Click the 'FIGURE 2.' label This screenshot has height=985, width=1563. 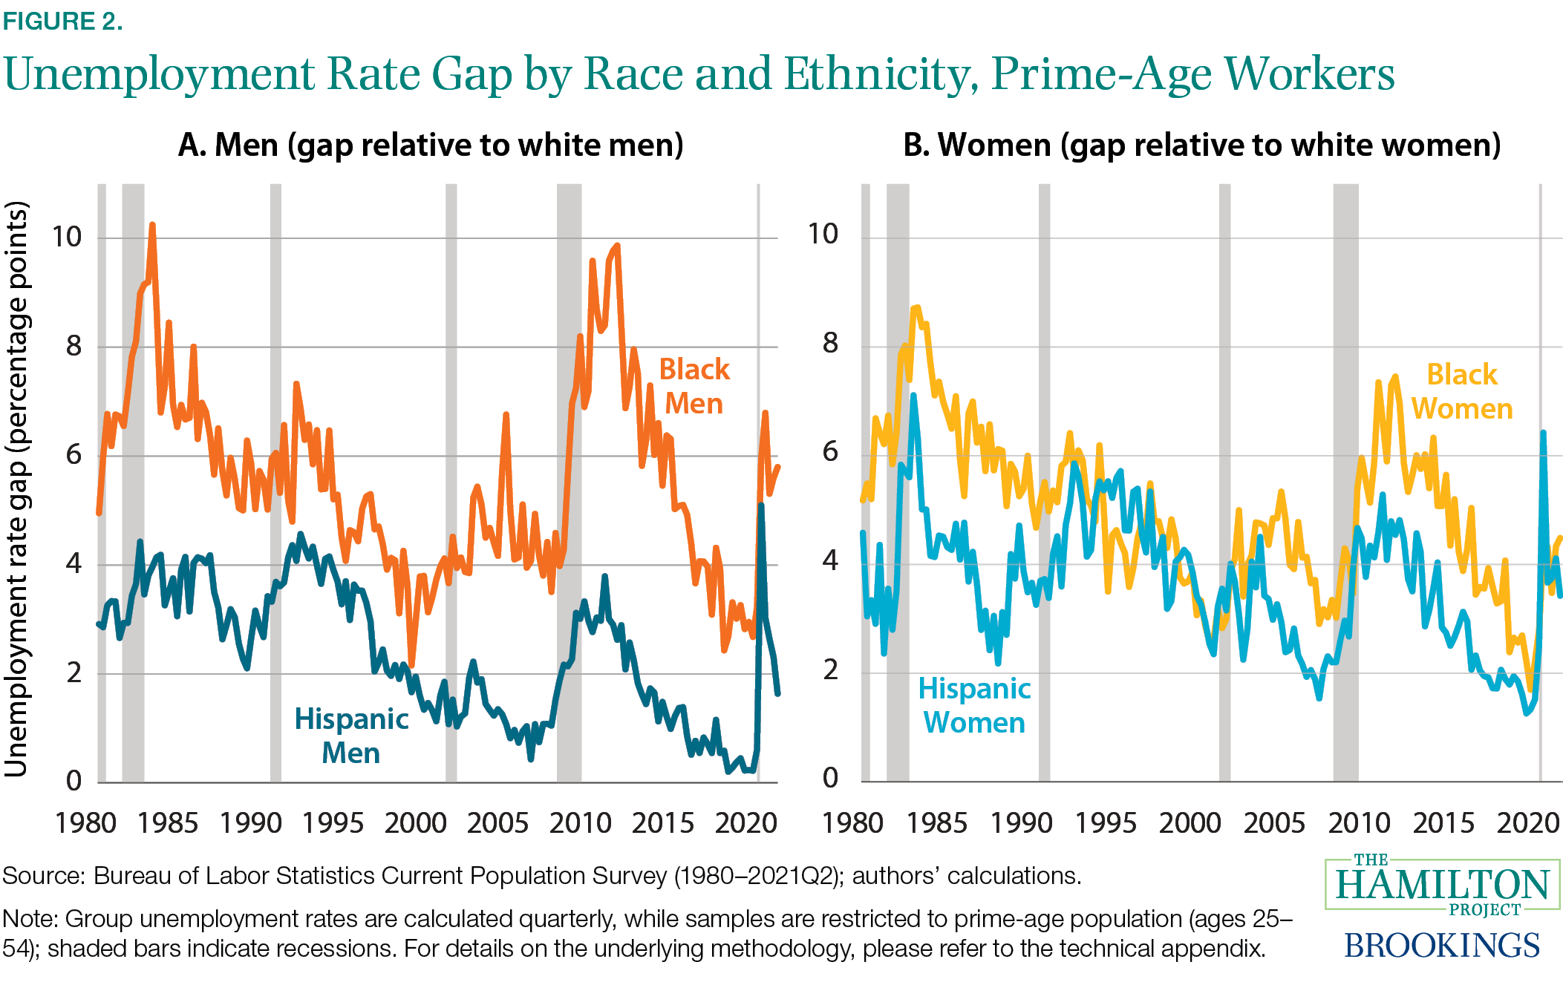click(62, 22)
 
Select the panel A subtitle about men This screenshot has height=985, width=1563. click(431, 145)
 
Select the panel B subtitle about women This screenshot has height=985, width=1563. click(1201, 145)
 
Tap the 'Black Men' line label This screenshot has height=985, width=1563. click(694, 387)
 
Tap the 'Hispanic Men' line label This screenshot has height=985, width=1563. click(351, 736)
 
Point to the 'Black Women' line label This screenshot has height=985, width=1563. click(1461, 392)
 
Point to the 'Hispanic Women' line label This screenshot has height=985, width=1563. click(974, 706)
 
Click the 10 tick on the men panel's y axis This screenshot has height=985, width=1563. click(66, 237)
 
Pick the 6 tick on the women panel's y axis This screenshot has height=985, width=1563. click(830, 451)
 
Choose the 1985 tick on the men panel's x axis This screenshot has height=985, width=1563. click(168, 823)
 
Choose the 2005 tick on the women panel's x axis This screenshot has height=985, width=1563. click(1274, 823)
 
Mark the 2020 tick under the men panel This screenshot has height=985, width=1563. click(745, 823)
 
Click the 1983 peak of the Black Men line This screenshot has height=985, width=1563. click(152, 224)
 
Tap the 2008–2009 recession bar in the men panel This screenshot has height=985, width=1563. click(570, 482)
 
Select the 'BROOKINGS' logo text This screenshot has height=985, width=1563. click(1442, 946)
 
